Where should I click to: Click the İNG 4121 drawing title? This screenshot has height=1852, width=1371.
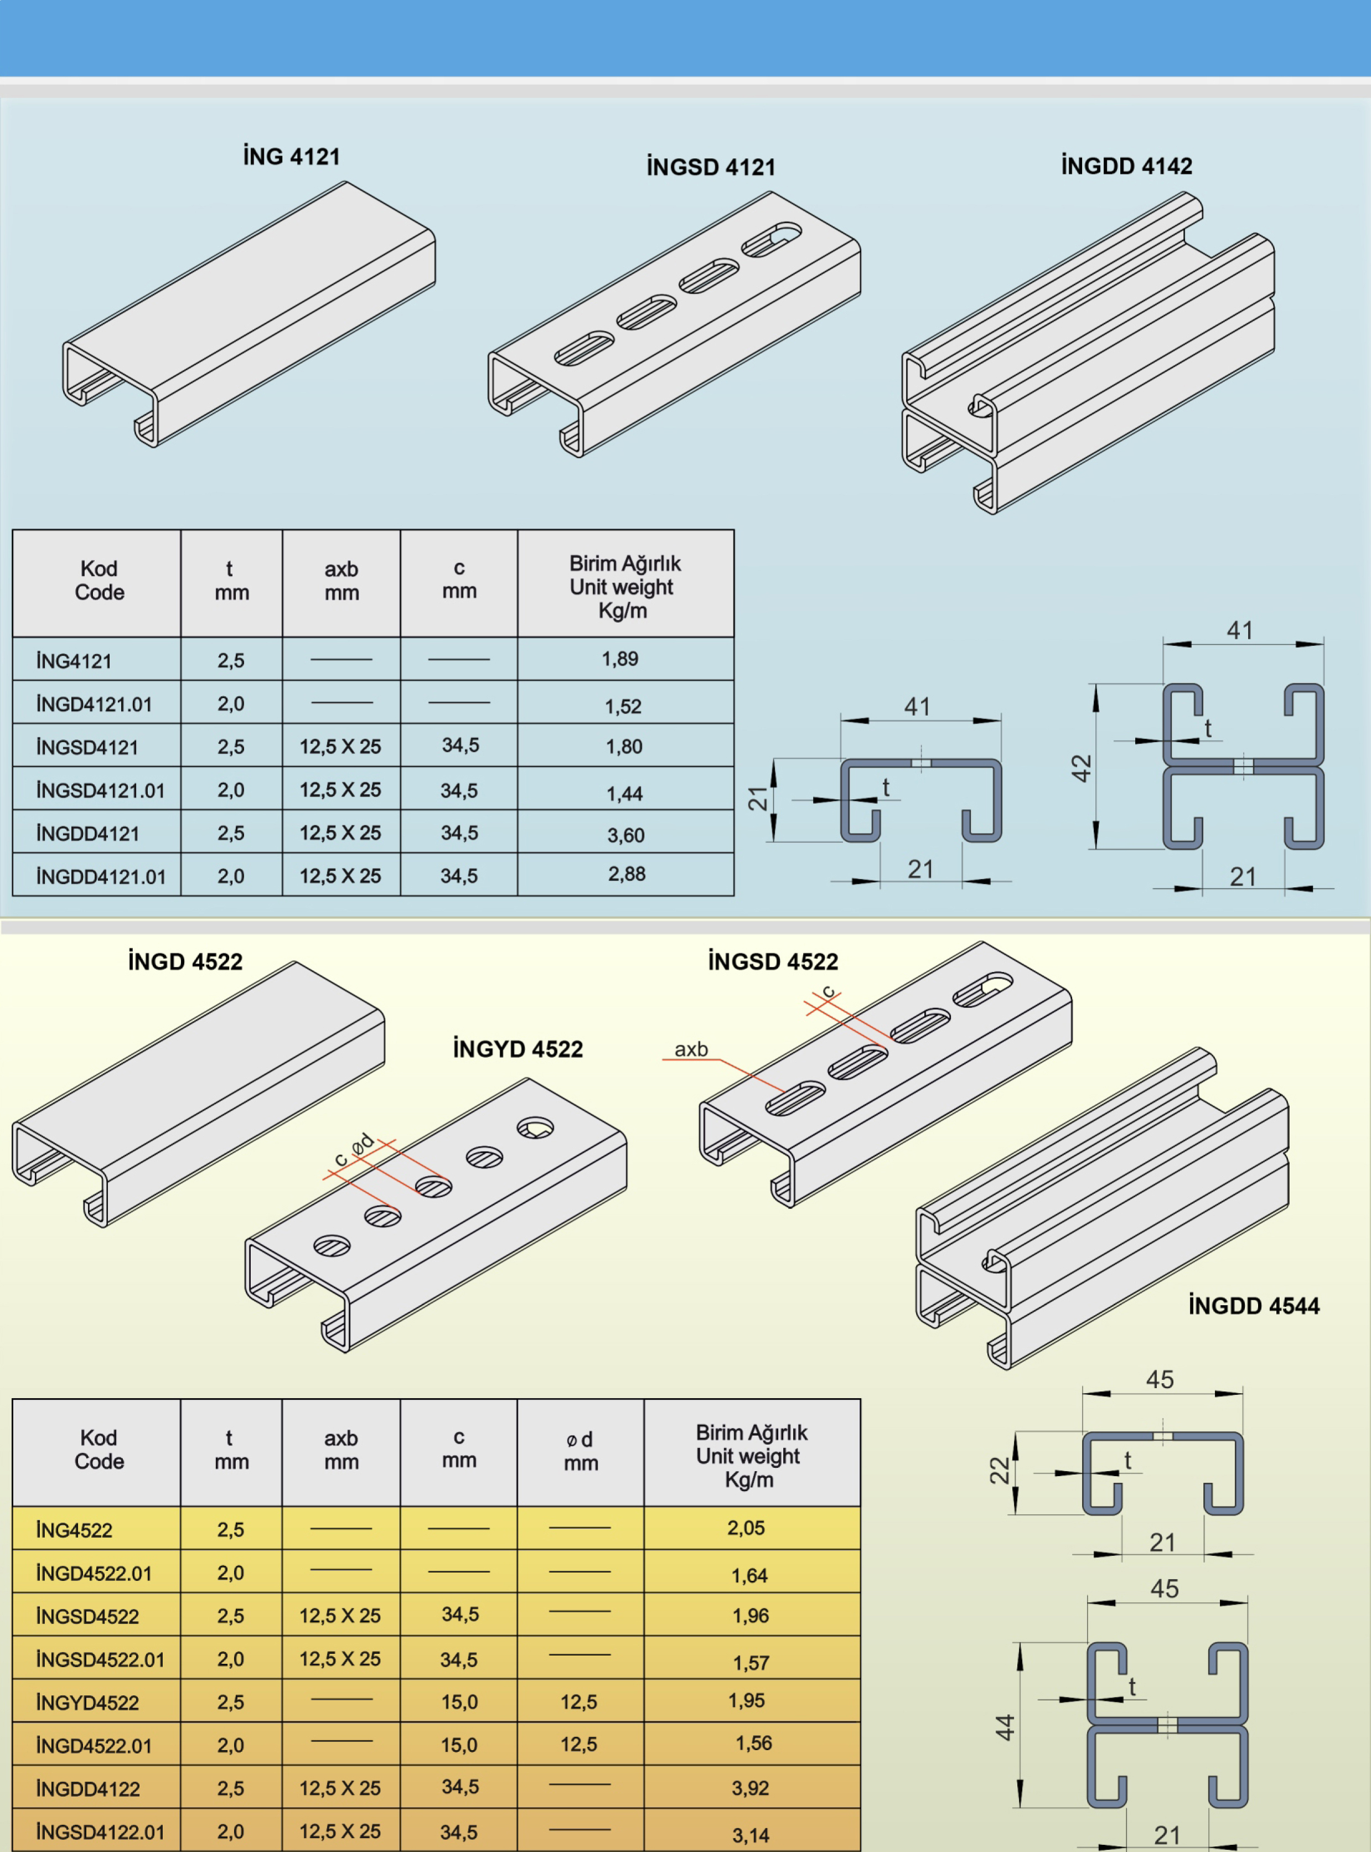point(291,156)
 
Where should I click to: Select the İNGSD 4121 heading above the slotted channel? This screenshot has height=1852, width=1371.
point(710,167)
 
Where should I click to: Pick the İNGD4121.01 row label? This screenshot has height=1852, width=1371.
point(94,705)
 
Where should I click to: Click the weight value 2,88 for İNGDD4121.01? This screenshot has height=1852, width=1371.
point(627,874)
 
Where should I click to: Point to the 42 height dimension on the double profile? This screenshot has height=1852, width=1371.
point(1080,768)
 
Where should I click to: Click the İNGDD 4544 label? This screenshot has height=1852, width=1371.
point(1253,1305)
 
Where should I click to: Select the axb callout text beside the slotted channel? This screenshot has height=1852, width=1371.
point(690,1049)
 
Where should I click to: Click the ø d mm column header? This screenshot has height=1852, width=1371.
point(580,1450)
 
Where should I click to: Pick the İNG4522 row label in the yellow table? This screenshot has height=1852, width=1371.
point(74,1530)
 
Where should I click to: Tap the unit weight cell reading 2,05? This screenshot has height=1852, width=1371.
point(746,1528)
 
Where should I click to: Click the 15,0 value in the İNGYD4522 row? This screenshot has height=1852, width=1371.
point(459,1702)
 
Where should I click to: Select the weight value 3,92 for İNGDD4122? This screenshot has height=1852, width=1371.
point(750,1787)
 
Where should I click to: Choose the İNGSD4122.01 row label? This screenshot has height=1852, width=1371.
point(100,1832)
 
